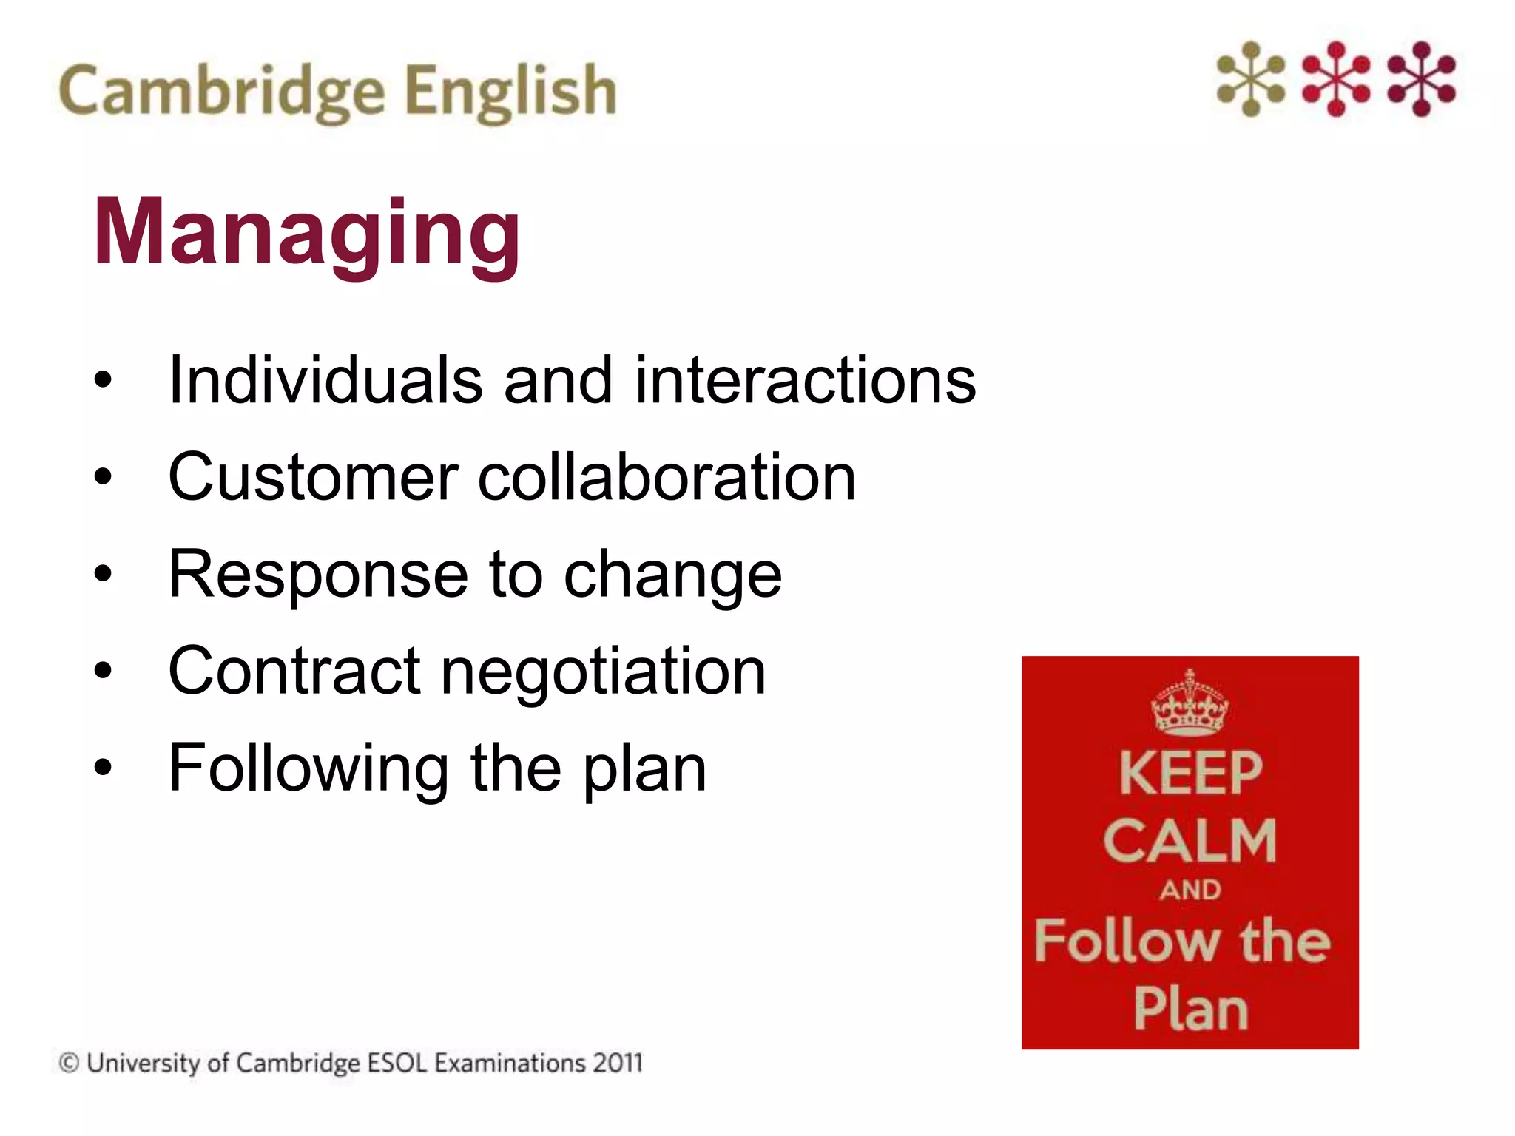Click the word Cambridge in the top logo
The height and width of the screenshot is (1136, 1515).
point(221,91)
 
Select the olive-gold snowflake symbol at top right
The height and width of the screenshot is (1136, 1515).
point(1251,79)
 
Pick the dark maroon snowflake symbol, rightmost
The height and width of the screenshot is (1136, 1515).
point(1421,79)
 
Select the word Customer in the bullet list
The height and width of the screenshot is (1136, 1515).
point(313,478)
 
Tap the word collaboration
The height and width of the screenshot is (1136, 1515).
point(667,478)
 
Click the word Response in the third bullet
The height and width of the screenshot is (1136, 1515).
point(318,575)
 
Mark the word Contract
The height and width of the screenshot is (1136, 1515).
point(294,672)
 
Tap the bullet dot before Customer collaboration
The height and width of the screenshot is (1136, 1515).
point(103,477)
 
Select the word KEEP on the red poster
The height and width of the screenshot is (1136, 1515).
point(1190,774)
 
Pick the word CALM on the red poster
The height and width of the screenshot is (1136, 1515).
point(1190,841)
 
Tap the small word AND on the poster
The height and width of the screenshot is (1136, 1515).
point(1190,890)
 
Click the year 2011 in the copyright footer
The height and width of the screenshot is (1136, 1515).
point(618,1063)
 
